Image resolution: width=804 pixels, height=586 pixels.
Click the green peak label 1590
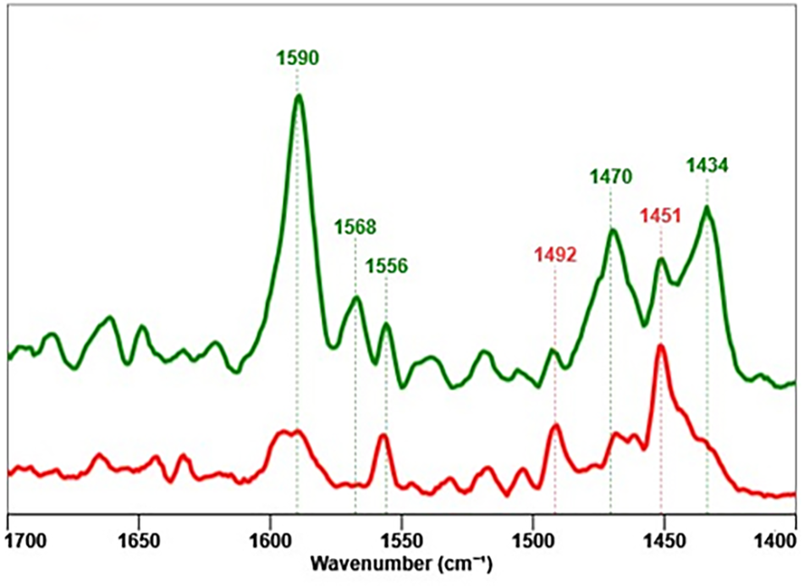[297, 58]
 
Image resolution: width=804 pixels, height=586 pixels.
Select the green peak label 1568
[355, 227]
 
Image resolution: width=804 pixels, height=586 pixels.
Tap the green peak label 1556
[387, 267]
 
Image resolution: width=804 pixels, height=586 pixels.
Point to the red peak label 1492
[555, 253]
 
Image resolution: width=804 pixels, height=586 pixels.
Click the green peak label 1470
[610, 177]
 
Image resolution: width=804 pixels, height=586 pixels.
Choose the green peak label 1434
[707, 164]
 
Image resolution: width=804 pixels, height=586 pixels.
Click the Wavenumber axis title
[402, 562]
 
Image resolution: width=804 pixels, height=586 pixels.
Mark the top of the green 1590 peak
[298, 96]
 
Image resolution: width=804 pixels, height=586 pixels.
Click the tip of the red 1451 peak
[660, 346]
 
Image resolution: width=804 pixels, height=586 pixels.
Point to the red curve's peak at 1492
[555, 425]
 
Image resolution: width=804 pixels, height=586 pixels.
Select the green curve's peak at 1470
[612, 229]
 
